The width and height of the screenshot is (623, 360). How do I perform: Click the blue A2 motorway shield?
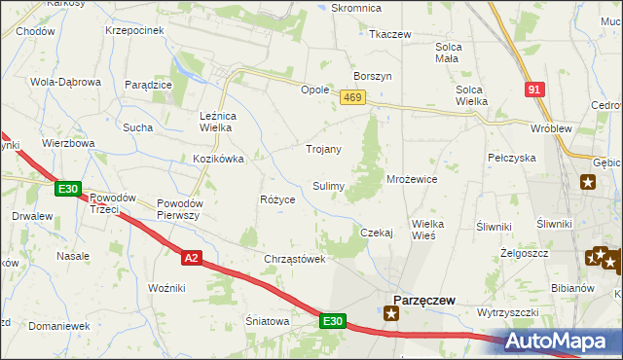(192, 257)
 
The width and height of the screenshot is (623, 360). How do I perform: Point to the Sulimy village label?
(328, 185)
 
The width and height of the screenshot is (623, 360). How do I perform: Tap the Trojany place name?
(323, 150)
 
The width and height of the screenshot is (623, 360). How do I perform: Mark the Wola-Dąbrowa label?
(66, 82)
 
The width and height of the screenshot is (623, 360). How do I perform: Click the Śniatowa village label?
(268, 320)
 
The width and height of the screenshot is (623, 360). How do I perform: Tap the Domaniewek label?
(57, 326)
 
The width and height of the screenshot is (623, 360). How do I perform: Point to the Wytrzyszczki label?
(507, 313)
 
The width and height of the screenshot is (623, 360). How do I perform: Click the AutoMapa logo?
(562, 342)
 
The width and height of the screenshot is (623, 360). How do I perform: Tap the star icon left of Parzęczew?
(391, 313)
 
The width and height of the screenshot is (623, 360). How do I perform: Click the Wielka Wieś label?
(427, 230)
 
